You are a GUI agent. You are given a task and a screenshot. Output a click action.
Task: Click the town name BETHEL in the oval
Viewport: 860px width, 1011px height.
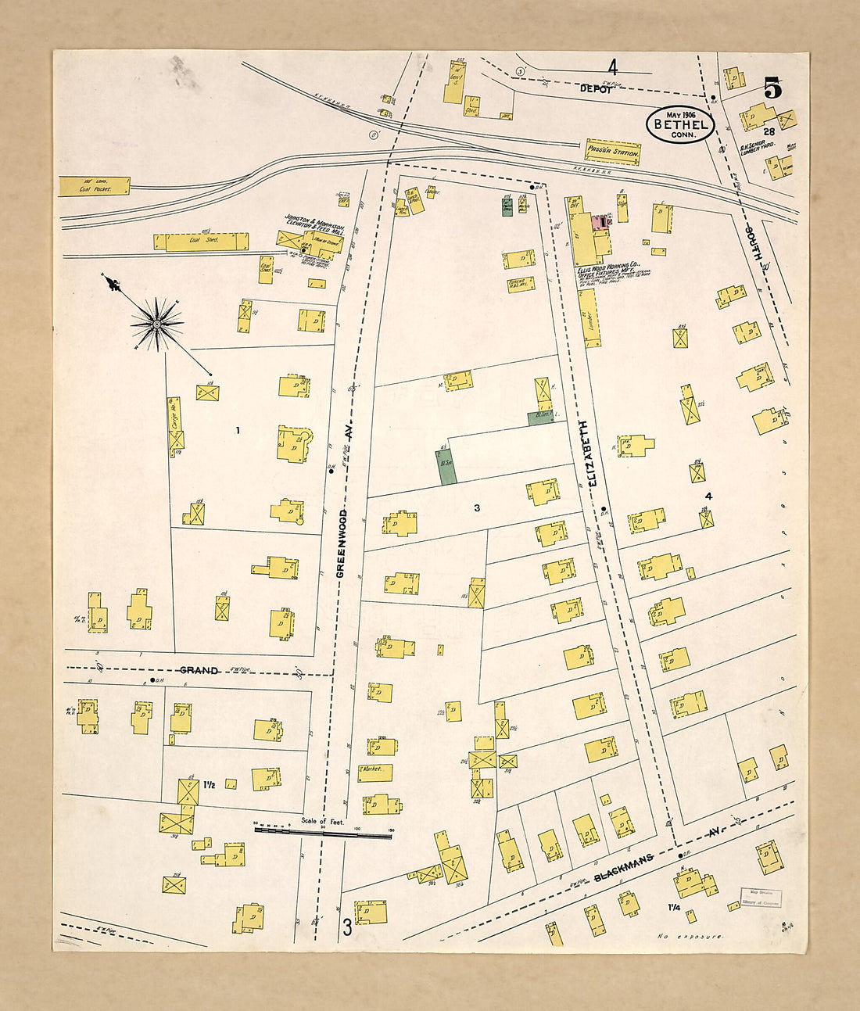pyautogui.click(x=680, y=124)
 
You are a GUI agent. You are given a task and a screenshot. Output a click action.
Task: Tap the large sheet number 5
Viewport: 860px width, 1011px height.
pyautogui.click(x=772, y=88)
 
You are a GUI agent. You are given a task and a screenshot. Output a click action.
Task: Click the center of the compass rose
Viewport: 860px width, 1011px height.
pyautogui.click(x=157, y=323)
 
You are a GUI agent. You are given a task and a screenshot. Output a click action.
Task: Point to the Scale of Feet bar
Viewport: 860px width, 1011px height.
pyautogui.click(x=322, y=834)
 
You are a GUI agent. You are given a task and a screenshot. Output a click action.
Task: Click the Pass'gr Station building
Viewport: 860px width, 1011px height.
pyautogui.click(x=614, y=152)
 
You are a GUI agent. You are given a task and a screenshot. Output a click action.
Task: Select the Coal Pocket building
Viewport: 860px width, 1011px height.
pyautogui.click(x=95, y=186)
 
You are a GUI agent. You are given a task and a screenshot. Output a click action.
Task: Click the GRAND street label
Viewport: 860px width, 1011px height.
pyautogui.click(x=199, y=670)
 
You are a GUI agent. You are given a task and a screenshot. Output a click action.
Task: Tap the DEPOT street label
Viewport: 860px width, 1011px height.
pyautogui.click(x=596, y=89)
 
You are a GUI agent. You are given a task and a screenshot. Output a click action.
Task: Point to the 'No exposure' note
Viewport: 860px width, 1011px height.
pyautogui.click(x=690, y=936)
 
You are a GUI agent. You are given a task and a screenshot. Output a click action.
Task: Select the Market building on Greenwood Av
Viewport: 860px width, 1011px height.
pyautogui.click(x=374, y=772)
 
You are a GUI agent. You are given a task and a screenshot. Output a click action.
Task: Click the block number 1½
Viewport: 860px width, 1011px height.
pyautogui.click(x=210, y=784)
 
